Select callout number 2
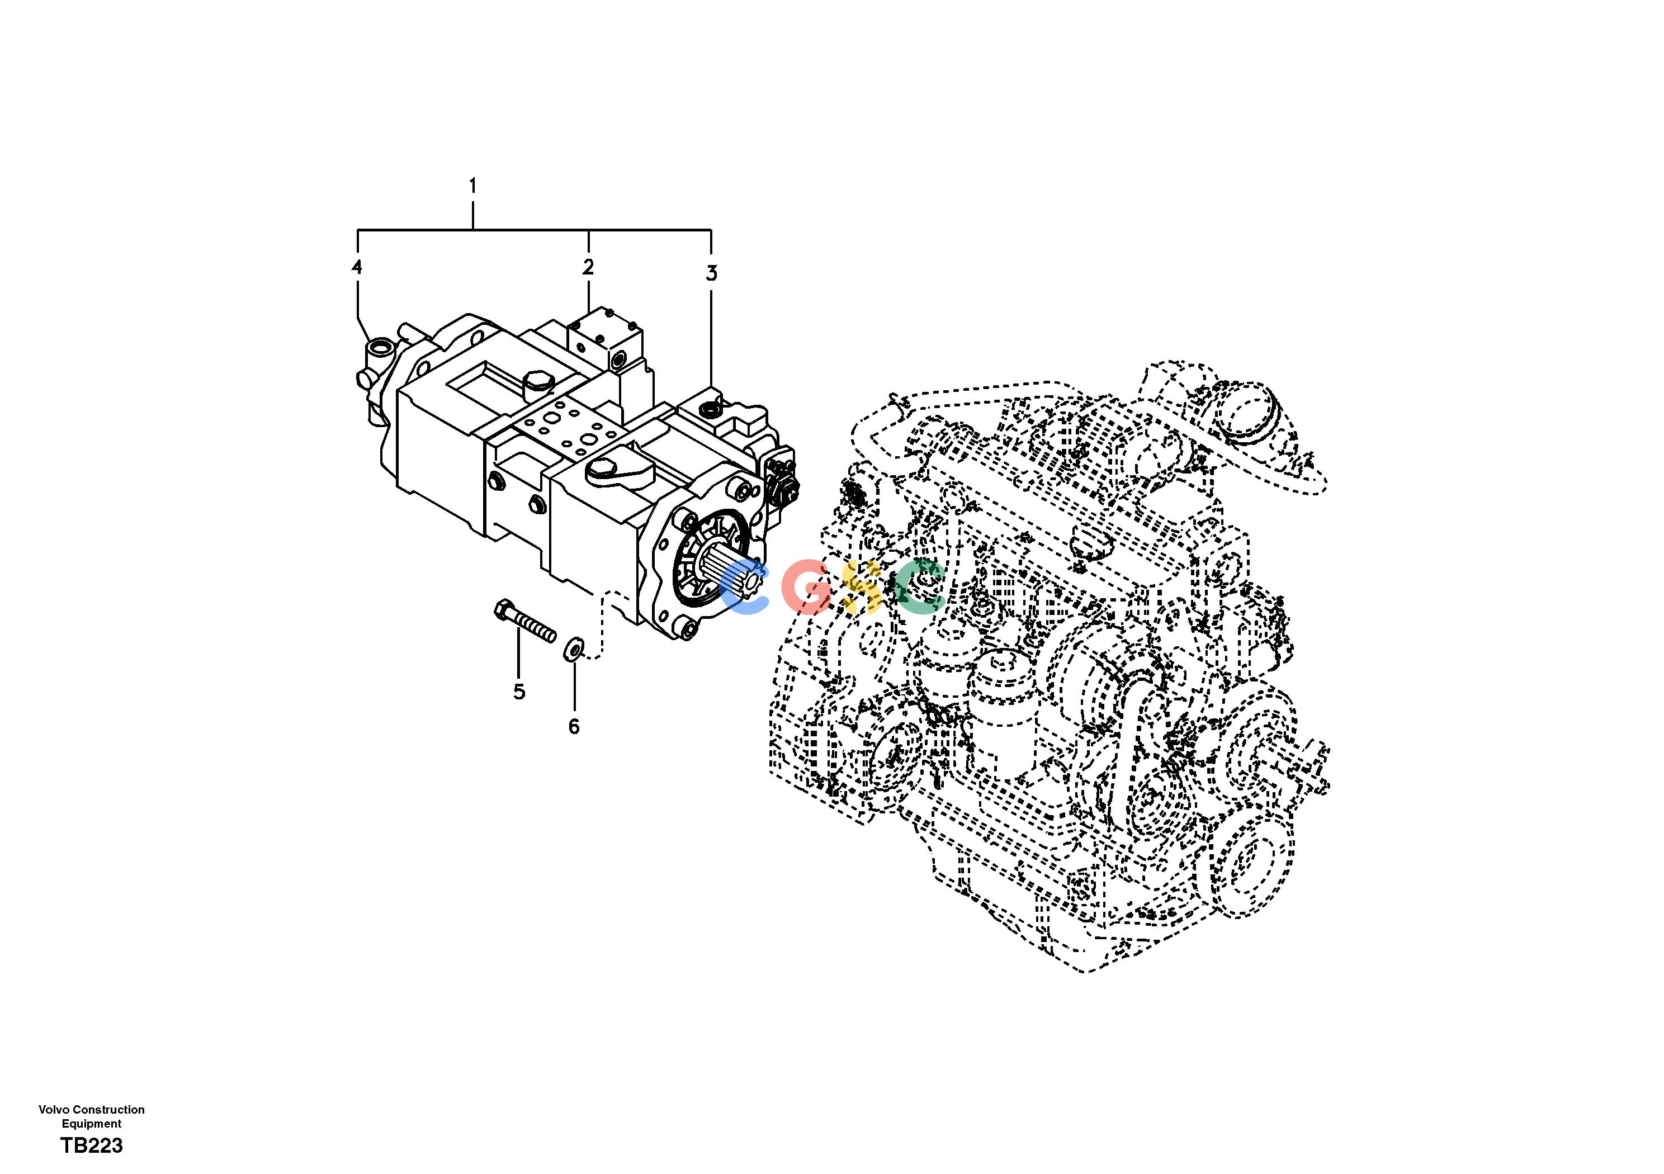point(588,267)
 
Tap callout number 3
point(712,273)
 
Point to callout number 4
point(357,267)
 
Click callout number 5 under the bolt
point(519,692)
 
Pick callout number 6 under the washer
point(574,727)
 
